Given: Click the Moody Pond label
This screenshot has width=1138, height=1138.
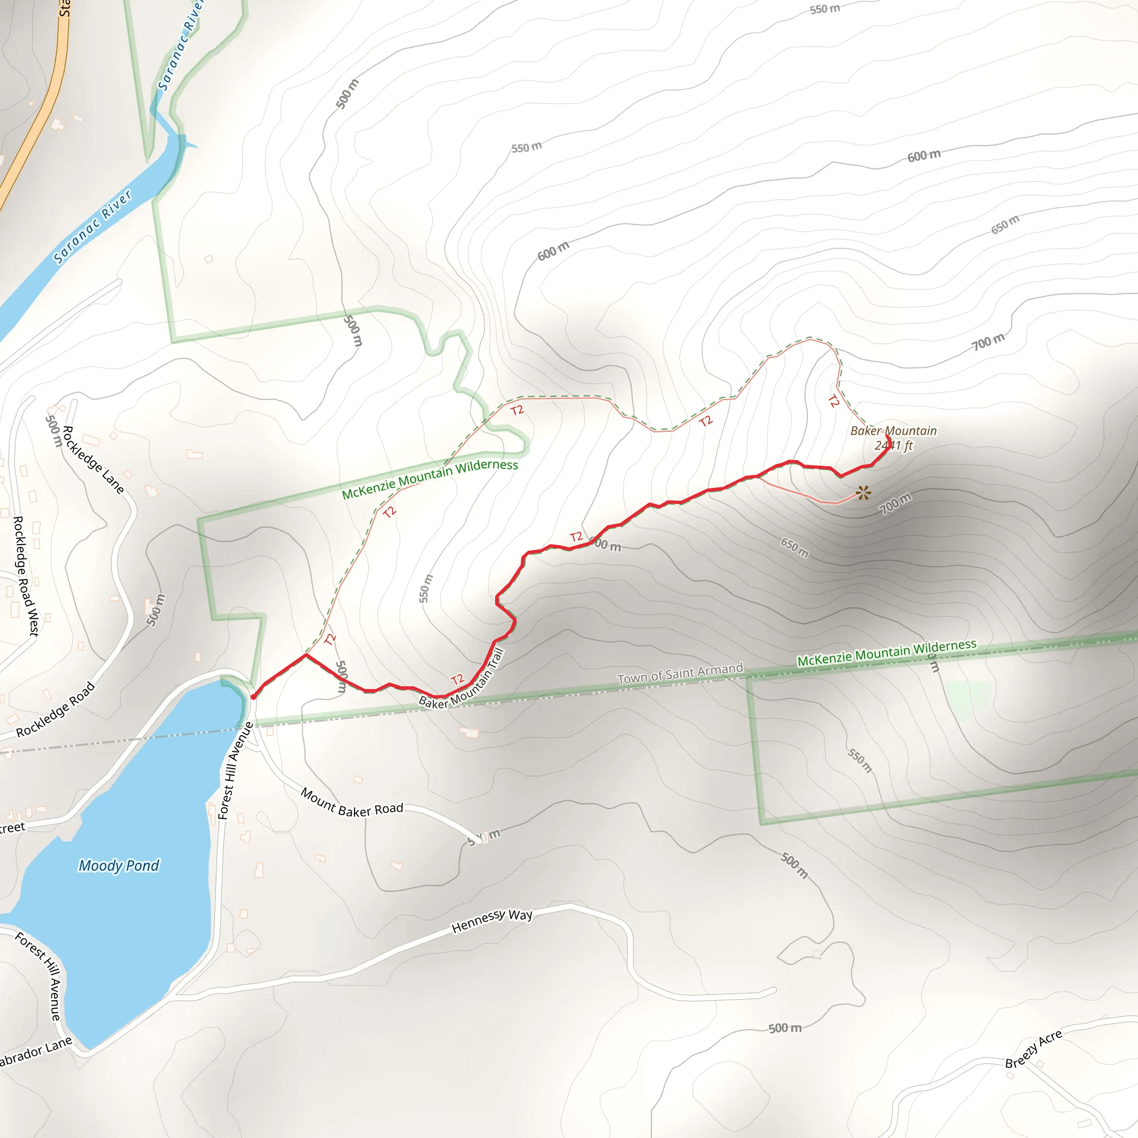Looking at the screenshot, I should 119,865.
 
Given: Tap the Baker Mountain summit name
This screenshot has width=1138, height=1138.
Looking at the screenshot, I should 893,431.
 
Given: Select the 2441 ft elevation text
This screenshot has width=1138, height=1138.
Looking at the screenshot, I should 893,445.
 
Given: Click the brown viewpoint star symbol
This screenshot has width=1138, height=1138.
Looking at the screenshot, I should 863,492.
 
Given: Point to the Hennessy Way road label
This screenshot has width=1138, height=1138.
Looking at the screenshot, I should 492,921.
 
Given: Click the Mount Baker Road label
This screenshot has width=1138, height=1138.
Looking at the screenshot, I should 352,803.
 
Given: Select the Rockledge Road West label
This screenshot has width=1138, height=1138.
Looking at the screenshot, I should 26,576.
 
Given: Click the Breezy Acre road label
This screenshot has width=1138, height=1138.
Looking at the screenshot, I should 1034,1049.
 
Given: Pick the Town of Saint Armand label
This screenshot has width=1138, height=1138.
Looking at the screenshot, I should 680,674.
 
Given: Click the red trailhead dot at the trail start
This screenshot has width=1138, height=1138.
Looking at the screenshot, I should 253,697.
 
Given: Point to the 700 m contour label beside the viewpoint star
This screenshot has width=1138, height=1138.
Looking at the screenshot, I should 895,503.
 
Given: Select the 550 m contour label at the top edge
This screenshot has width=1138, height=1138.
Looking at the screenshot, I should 825,9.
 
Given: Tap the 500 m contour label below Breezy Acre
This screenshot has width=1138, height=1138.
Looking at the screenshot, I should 785,1029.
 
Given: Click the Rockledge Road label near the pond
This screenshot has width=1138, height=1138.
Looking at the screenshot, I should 56,709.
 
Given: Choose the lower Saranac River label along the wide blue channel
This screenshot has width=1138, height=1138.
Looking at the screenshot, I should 92,227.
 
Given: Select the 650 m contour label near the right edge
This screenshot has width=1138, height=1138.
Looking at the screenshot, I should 1005,224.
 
